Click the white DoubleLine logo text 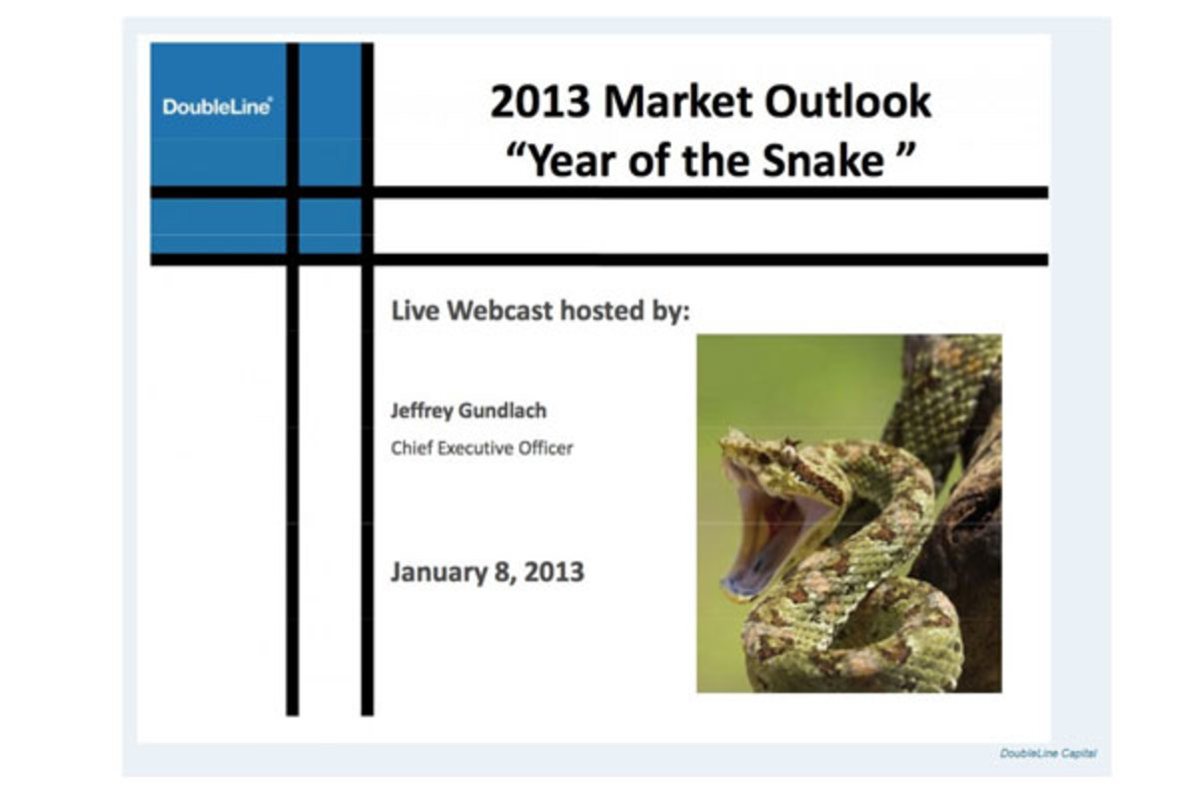(218, 107)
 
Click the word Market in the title (677, 101)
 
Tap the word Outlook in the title (849, 101)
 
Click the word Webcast (499, 311)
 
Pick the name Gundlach (503, 410)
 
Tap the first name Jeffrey (421, 411)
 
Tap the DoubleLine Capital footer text (1047, 753)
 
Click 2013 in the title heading (540, 101)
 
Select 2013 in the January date (554, 571)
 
